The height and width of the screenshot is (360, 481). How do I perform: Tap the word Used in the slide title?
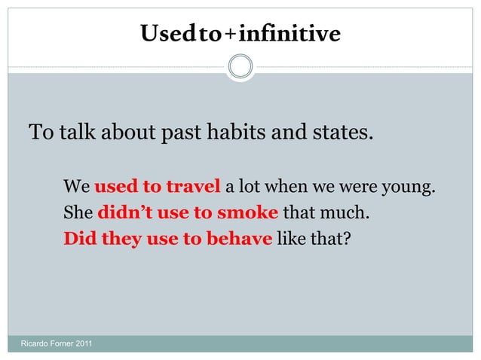[158, 34]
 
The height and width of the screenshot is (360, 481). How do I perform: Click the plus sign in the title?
[230, 35]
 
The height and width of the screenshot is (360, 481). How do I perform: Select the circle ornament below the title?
[240, 66]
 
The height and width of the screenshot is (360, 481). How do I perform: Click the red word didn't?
[121, 212]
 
